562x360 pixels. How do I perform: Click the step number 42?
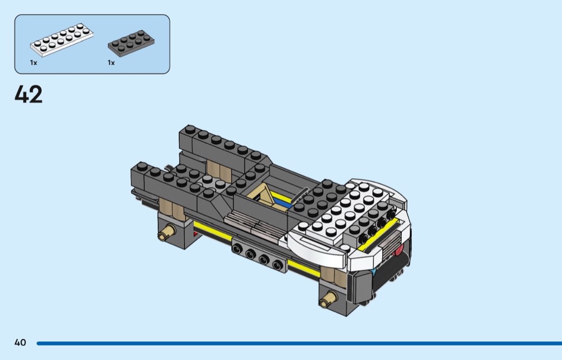28,94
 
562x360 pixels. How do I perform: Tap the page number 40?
20,342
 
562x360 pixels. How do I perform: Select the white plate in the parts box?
62,40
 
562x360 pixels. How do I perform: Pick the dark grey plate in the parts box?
131,43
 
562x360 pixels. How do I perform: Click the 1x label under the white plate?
33,63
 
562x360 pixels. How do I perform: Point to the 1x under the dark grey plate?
111,63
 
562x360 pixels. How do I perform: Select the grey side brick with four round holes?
259,255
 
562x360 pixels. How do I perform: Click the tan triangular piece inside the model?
263,196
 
